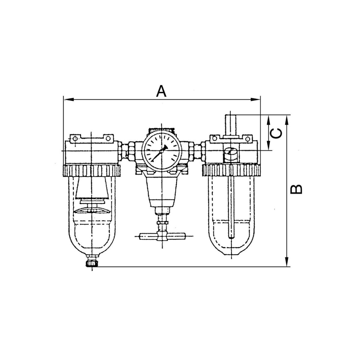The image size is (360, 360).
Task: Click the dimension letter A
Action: point(161,91)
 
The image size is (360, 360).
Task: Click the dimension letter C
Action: point(276,133)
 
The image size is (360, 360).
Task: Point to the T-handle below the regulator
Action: point(162,236)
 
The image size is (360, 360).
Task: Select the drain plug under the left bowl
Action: point(92,264)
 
